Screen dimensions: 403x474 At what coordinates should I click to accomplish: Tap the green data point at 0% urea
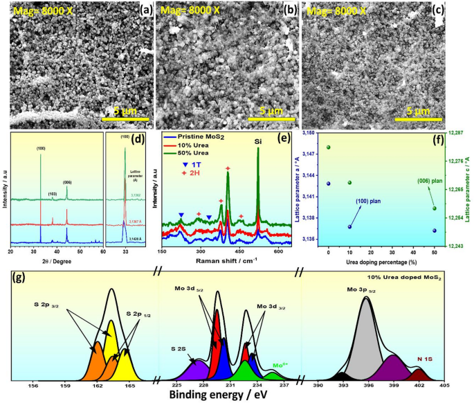[329, 147]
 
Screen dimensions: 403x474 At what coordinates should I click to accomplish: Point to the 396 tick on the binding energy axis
[368, 385]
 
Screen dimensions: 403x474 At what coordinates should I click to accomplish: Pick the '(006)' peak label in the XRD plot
[67, 183]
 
